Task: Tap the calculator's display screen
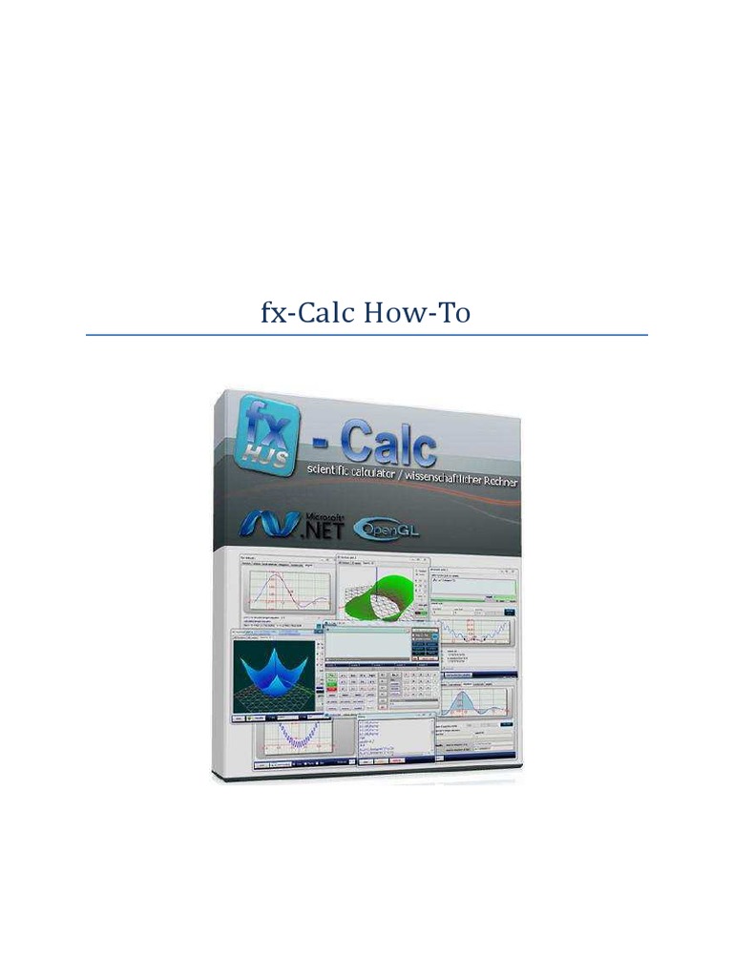click(x=367, y=649)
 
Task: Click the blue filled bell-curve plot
click(x=474, y=710)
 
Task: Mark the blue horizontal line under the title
click(x=366, y=335)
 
